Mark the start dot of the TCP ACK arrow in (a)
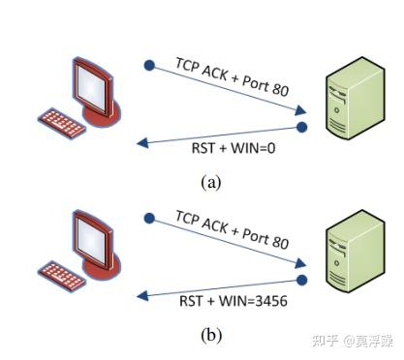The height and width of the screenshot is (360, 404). (x=149, y=66)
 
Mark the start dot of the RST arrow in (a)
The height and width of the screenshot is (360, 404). (x=302, y=127)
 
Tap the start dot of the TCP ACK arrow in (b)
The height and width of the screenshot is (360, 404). (x=149, y=218)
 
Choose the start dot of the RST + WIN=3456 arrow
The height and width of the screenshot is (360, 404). (x=302, y=280)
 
